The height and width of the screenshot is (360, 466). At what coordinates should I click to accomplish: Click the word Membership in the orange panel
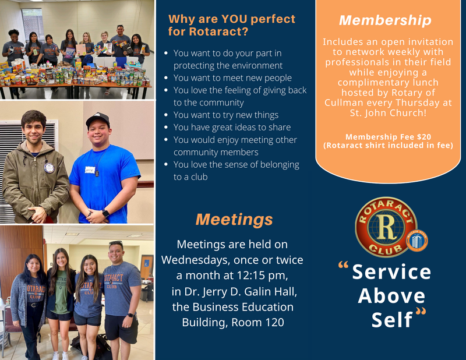point(385,20)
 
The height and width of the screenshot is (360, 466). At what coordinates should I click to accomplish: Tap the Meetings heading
point(234,220)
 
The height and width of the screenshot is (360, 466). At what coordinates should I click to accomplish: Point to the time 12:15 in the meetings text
point(250,276)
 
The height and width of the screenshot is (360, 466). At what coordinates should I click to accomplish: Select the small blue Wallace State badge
point(417,240)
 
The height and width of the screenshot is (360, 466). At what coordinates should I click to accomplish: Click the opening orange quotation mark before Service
point(343,265)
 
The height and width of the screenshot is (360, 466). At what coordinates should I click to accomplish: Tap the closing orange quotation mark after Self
point(421,312)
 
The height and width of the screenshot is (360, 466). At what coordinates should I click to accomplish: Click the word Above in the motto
point(391,296)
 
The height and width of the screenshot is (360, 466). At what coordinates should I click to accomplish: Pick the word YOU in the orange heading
point(234,19)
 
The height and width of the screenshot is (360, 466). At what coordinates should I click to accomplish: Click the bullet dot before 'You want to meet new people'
point(166,78)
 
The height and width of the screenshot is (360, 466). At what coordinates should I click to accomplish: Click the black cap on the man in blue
point(97,119)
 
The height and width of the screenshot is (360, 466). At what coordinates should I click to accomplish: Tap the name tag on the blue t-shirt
point(90,170)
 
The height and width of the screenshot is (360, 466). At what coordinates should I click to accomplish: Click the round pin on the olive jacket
point(50,168)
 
